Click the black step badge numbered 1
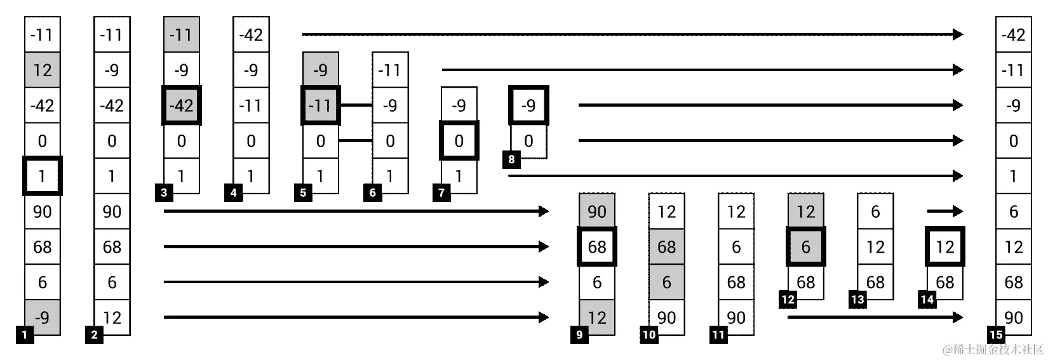25,335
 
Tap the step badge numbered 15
996,335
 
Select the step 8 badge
512,159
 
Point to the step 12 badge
788,300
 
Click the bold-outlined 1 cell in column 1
43,176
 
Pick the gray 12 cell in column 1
43,70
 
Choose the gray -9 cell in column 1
43,317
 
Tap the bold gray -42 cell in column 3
182,105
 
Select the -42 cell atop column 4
251,34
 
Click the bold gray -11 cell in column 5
320,105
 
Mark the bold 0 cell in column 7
459,140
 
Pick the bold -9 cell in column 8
528,105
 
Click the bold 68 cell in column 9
597,246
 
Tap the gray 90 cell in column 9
597,211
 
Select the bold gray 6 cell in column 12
805,246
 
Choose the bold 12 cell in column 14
944,246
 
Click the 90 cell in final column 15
1013,317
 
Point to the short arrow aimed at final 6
944,211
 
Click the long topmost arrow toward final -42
632,34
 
